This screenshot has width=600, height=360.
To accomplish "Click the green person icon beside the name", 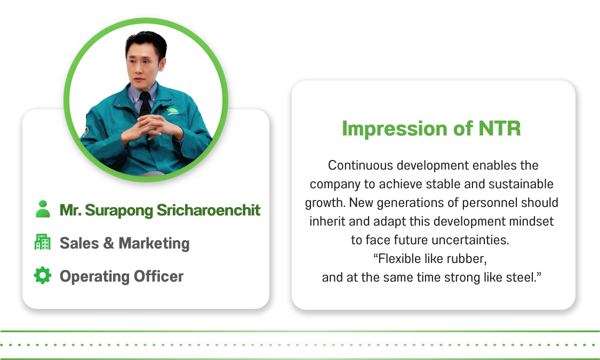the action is coord(43,209).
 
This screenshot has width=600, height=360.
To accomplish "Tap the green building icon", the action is coord(43,242).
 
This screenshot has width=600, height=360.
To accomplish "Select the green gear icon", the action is coord(43,275).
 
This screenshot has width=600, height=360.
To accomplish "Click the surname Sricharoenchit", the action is coord(209,210).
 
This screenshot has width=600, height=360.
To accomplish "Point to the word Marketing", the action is coord(154,244).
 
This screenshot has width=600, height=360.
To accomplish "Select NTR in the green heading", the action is coord(500,128).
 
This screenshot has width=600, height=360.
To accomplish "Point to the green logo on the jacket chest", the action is coord(173,111).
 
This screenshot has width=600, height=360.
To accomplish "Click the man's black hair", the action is coord(146,44).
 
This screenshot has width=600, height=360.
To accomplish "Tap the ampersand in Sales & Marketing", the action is coord(108,243).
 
